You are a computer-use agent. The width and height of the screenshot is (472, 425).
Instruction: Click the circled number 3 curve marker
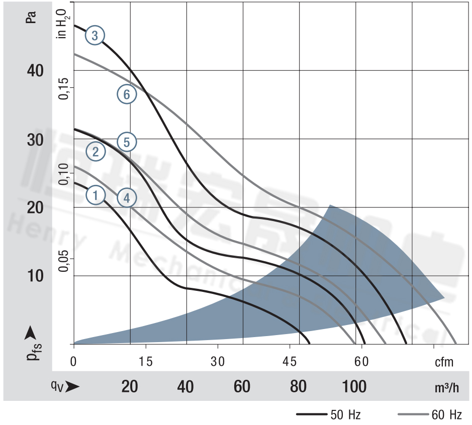[x=95, y=35]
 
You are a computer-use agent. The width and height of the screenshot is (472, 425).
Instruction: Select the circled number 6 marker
[x=127, y=94]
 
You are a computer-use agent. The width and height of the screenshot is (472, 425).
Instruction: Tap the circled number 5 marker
[x=127, y=143]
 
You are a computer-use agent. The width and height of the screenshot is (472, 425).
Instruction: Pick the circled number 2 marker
[x=95, y=151]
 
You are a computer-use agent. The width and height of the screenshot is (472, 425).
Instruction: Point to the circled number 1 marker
[x=95, y=195]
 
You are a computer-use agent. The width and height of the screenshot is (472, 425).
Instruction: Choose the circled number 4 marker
[x=127, y=198]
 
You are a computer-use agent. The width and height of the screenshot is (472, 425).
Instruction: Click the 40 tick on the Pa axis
[x=35, y=71]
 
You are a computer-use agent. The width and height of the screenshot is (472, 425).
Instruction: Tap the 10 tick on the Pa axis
[x=35, y=276]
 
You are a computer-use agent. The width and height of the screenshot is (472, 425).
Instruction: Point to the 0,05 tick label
[x=63, y=259]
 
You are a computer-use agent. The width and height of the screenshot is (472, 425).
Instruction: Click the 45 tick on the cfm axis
[x=290, y=361]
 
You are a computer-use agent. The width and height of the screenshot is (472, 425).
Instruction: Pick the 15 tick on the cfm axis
[x=146, y=361]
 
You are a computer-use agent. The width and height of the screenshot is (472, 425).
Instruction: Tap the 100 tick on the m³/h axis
[x=354, y=387]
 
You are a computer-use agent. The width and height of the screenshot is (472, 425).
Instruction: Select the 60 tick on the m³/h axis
[x=242, y=387]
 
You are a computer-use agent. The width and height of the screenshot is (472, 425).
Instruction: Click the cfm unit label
[x=443, y=362]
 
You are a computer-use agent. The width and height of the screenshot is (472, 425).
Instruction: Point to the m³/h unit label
[x=447, y=388]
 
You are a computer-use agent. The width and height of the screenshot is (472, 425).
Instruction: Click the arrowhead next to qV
[x=72, y=386]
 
